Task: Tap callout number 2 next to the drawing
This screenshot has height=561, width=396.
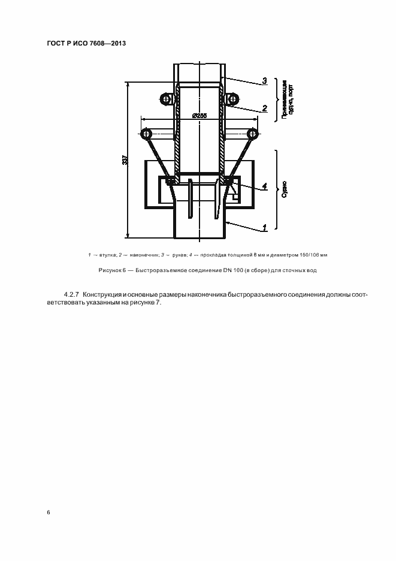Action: tap(264, 108)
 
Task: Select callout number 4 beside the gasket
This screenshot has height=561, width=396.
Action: tap(264, 185)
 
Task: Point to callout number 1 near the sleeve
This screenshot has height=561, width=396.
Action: tap(264, 228)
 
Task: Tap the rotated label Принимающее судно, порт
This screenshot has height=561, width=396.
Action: tap(287, 98)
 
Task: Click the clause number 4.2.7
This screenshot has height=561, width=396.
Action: tap(71, 295)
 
